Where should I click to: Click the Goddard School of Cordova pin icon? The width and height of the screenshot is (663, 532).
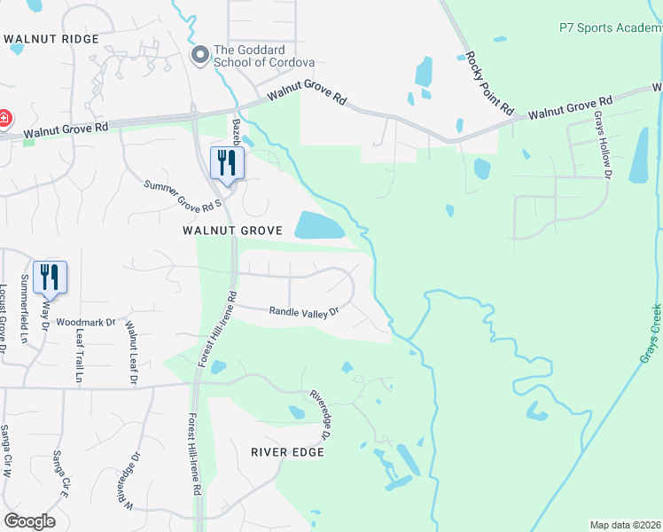[200, 56]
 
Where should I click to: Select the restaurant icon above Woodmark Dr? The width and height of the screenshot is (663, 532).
[50, 278]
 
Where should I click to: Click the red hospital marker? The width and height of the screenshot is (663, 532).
[4, 117]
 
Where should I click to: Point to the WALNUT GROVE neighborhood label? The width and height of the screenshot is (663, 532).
[232, 231]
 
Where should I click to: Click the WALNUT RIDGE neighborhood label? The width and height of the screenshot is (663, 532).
[51, 40]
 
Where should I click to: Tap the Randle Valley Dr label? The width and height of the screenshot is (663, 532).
[305, 311]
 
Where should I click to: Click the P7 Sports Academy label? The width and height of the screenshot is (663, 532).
[610, 27]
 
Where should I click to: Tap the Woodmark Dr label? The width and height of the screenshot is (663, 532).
[86, 323]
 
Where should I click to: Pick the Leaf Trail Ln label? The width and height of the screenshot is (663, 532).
[79, 356]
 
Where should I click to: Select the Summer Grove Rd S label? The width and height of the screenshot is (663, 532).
[181, 192]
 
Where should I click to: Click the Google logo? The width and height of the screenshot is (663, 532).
[30, 520]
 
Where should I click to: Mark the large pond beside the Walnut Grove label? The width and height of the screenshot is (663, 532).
[318, 226]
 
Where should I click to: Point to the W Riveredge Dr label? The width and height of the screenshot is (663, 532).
[129, 479]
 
